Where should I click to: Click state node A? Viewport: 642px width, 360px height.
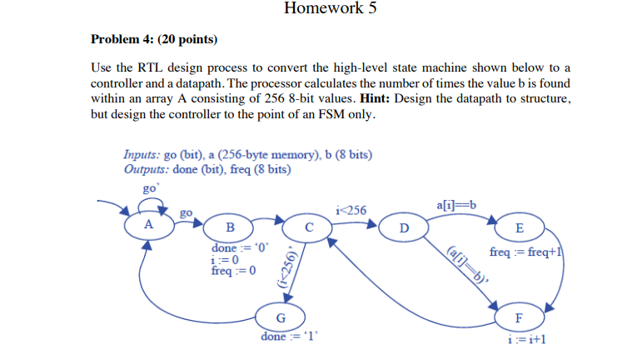(x=148, y=224)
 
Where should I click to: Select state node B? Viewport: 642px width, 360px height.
(x=231, y=227)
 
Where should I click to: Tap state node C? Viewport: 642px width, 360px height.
(x=308, y=227)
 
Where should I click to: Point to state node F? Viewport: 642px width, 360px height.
(x=520, y=317)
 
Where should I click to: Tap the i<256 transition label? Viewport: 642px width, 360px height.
(x=351, y=209)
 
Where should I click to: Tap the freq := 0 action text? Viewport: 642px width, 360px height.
(x=234, y=271)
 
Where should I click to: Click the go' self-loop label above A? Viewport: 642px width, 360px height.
(x=151, y=188)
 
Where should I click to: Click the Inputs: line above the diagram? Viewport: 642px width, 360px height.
(x=247, y=155)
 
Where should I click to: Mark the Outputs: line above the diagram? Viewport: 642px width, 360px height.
(x=207, y=169)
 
